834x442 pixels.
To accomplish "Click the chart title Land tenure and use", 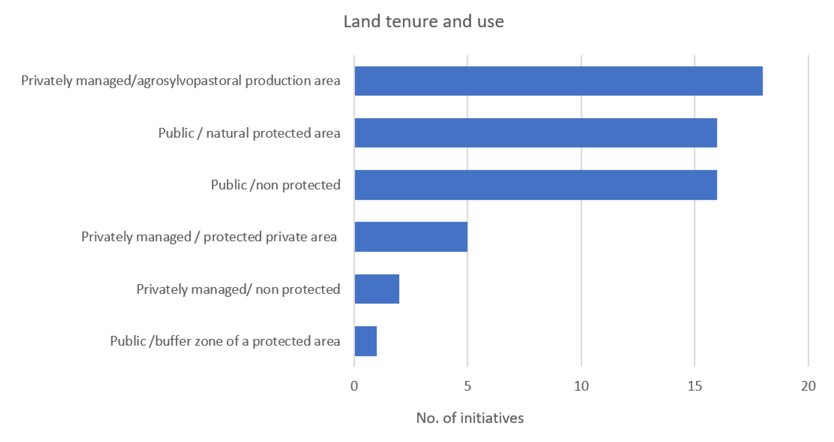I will pos(423,22).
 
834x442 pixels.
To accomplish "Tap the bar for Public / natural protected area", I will pos(536,133).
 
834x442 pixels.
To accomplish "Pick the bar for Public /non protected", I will pos(536,185).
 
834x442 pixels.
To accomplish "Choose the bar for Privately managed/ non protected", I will pos(377,289).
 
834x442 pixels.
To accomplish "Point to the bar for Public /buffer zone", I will pos(366,341).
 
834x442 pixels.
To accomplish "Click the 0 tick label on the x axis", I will pos(354,386).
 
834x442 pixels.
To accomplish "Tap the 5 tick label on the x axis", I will pos(467,386).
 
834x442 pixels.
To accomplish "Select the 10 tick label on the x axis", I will pos(581,386).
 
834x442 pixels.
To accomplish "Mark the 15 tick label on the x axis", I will pos(695,386).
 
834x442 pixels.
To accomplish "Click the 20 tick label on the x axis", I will pos(808,386).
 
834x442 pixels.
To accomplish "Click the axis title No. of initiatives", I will pos(470,418).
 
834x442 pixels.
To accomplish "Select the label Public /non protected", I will pos(275,185).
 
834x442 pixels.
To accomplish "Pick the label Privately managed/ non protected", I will pos(238,289).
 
